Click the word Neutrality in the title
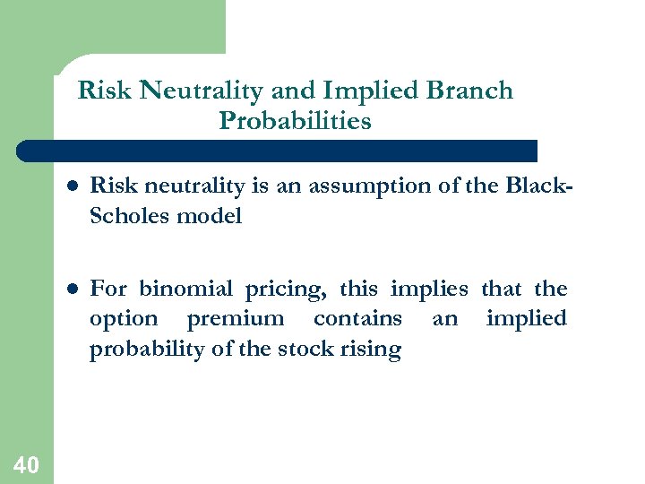(187, 91)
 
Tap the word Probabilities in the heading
(295, 120)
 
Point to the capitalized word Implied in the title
(369, 91)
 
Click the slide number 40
(26, 464)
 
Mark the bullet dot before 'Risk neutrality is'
(71, 187)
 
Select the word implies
(430, 290)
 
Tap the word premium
(235, 319)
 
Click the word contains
(357, 319)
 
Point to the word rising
(371, 350)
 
